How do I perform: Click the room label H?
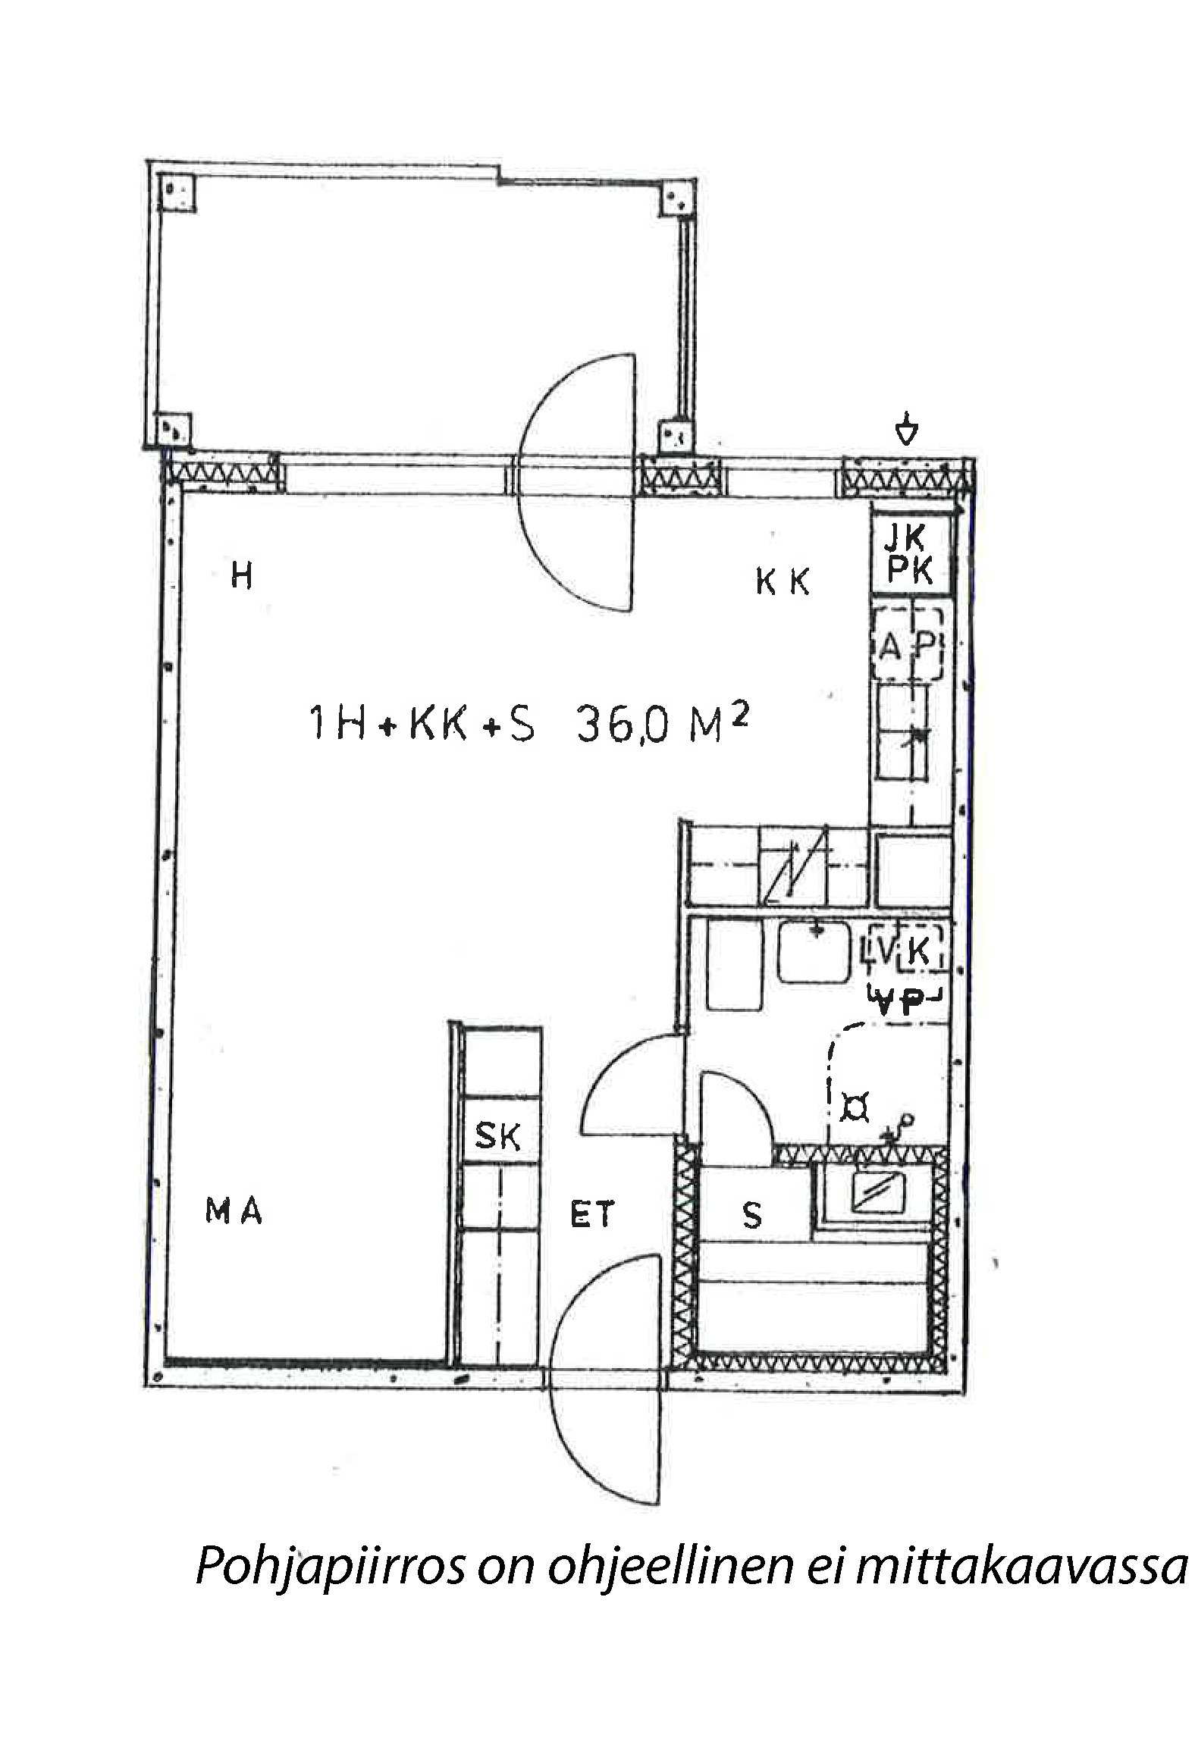pyautogui.click(x=241, y=578)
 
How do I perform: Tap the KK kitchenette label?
pyautogui.click(x=783, y=582)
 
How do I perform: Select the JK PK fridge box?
pyautogui.click(x=910, y=554)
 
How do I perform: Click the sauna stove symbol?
pyautogui.click(x=878, y=1196)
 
